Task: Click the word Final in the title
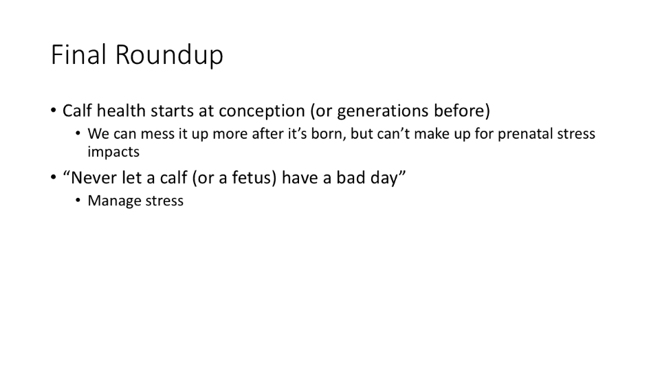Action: [x=78, y=55]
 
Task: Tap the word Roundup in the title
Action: [x=169, y=56]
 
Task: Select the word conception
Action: [x=262, y=111]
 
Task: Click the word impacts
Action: [x=113, y=153]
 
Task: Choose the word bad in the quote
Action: [x=349, y=177]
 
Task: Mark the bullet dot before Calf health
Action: [x=54, y=111]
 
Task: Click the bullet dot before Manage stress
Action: [x=78, y=200]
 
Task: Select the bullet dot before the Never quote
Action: [x=54, y=177]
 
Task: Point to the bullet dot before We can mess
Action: [x=78, y=134]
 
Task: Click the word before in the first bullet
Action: [x=462, y=111]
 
